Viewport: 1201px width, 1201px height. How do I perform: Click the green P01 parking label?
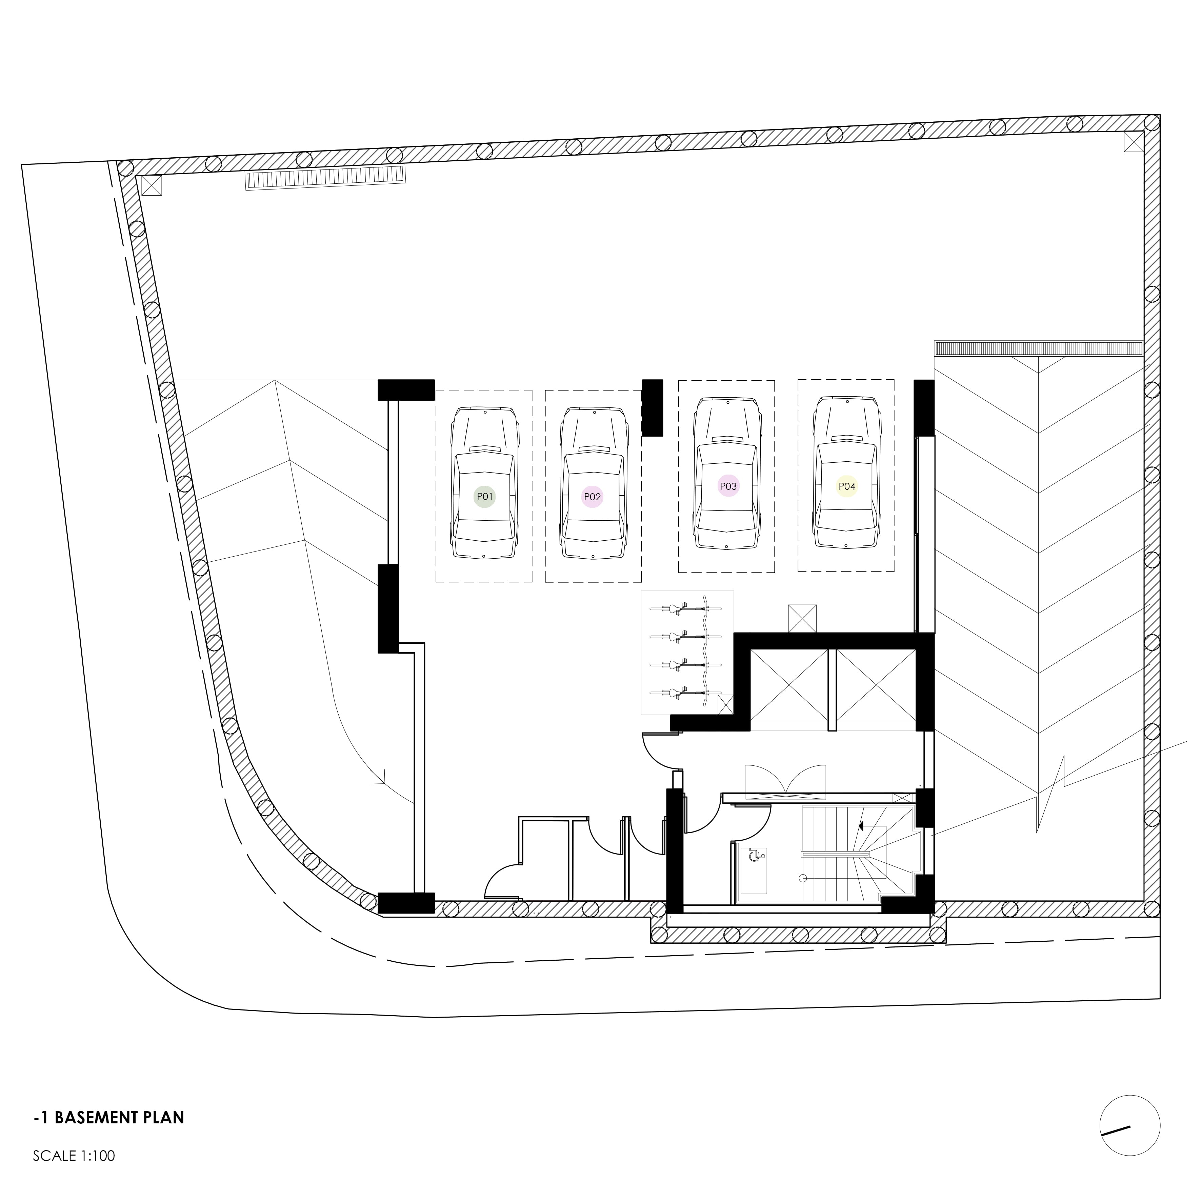pos(484,497)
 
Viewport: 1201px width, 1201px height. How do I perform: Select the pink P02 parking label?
pos(593,497)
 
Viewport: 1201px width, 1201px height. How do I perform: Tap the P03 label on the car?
pos(727,486)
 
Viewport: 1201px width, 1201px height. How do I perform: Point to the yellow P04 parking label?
pos(847,486)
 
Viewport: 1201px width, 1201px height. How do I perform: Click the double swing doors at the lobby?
pos(786,780)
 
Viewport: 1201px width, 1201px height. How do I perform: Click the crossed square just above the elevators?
pos(802,618)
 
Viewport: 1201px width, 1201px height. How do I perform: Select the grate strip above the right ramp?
pos(1039,348)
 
